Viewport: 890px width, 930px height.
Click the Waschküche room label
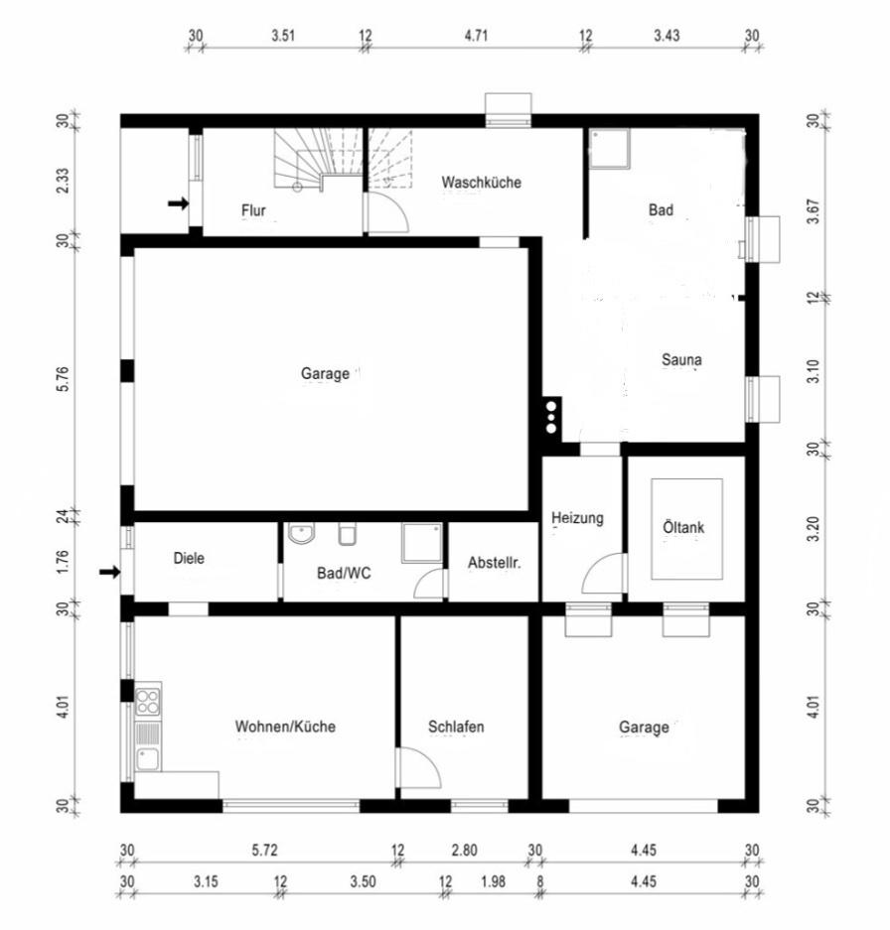pyautogui.click(x=481, y=182)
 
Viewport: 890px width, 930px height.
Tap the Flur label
pyautogui.click(x=253, y=210)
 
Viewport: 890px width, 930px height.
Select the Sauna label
pyautogui.click(x=681, y=359)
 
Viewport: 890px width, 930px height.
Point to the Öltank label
pyautogui.click(x=683, y=527)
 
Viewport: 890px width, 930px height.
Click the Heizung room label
pyautogui.click(x=577, y=518)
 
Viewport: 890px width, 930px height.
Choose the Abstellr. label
pyautogui.click(x=494, y=563)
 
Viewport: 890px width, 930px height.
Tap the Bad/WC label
pyautogui.click(x=344, y=573)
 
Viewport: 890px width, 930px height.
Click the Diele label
pyautogui.click(x=189, y=558)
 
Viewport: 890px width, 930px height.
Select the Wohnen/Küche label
pyautogui.click(x=286, y=727)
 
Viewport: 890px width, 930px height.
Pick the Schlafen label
pyautogui.click(x=456, y=727)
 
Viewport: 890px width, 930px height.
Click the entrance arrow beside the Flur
pyautogui.click(x=178, y=204)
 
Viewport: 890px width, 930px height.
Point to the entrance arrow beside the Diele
pyautogui.click(x=110, y=573)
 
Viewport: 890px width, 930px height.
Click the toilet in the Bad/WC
pyautogui.click(x=348, y=534)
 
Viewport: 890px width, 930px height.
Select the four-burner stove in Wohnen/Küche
pyautogui.click(x=147, y=701)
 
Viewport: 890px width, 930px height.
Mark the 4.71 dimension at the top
pyautogui.click(x=476, y=36)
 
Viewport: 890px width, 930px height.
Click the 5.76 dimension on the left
pyautogui.click(x=64, y=378)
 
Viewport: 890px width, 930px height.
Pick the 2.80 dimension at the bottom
pyautogui.click(x=464, y=851)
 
